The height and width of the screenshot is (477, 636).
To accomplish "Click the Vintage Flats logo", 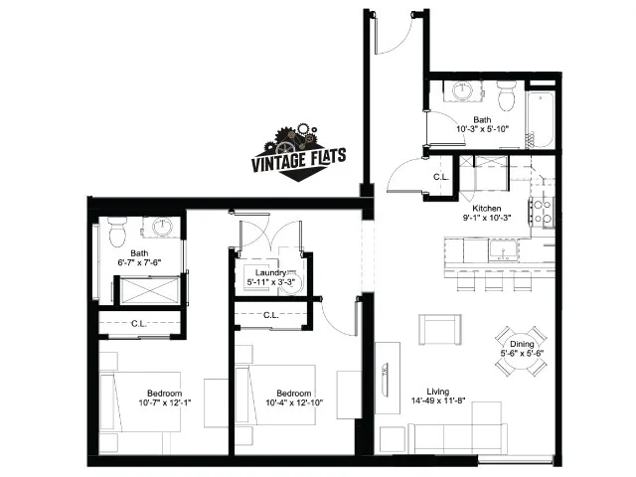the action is [x=298, y=153].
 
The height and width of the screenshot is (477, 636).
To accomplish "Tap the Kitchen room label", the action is [x=487, y=208].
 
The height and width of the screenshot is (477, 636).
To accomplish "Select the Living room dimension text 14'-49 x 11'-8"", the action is [x=438, y=401].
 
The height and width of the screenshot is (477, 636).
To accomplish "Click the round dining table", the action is [x=521, y=351].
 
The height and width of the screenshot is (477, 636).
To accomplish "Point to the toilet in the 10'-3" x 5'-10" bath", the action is [x=506, y=95].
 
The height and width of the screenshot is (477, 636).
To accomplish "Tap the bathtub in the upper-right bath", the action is [x=540, y=120].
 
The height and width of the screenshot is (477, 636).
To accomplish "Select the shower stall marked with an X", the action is [x=150, y=290].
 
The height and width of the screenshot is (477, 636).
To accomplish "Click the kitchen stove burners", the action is [x=542, y=211].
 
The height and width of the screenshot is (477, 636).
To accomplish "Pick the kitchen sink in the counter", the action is [x=504, y=249].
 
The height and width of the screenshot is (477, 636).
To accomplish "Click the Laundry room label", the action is [x=270, y=272].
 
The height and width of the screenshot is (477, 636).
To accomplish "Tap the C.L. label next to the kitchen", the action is [x=441, y=177].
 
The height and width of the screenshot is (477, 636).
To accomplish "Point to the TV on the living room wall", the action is [x=385, y=378].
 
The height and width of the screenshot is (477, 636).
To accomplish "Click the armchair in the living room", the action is [x=439, y=329].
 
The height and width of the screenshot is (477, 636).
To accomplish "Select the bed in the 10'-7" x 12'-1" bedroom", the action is [x=140, y=401].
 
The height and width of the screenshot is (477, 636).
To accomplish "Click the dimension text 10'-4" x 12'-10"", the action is [x=294, y=402].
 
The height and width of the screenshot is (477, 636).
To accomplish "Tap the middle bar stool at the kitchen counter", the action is [x=494, y=280].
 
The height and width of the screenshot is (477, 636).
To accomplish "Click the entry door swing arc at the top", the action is [x=397, y=40].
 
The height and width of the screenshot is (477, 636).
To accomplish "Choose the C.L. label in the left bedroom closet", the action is [x=139, y=324].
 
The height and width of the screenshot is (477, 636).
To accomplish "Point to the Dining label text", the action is [x=522, y=344].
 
